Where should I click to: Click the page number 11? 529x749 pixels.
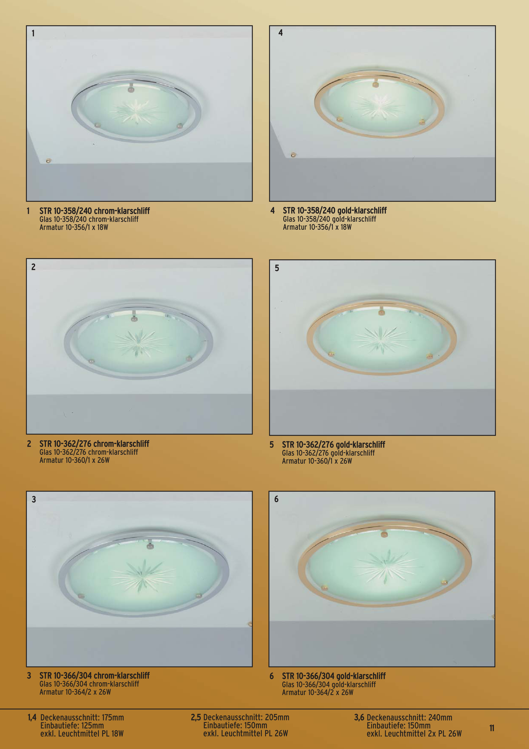coord(492,728)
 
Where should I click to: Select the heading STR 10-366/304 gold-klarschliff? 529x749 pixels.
coord(334,676)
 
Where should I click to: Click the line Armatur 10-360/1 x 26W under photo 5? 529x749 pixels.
coord(317,461)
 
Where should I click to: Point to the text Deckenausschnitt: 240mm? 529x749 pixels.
coord(409,718)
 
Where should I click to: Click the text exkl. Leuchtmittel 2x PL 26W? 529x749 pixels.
coord(414,734)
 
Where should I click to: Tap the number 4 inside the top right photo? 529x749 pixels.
coord(281,33)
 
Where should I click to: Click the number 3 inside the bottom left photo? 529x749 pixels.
coord(34,499)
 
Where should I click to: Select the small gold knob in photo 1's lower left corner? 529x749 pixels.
coord(48,160)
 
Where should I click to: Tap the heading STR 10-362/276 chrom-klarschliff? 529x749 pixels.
coord(94,444)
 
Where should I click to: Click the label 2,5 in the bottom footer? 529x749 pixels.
coord(196,717)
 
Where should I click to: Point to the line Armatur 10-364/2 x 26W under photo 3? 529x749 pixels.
coord(75,692)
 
